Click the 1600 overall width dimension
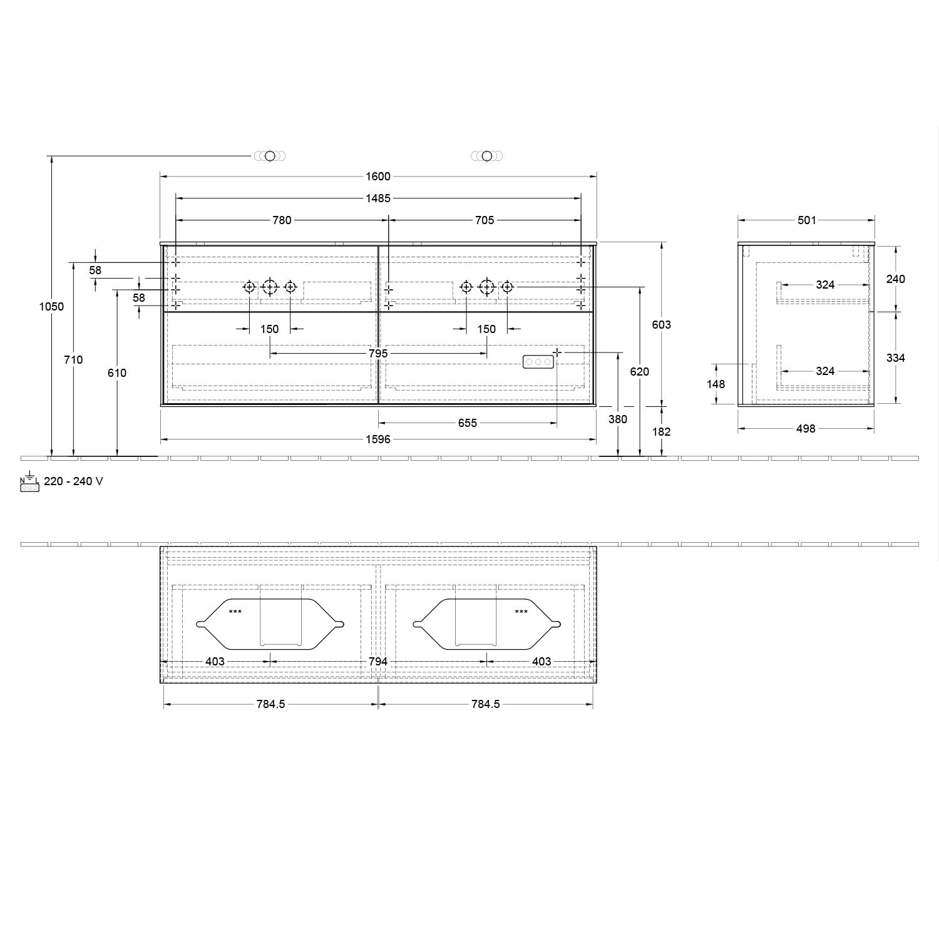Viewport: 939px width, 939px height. (378, 177)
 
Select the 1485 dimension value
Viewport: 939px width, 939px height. (378, 198)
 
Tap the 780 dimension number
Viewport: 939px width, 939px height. (282, 220)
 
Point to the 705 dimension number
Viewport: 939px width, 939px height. (485, 220)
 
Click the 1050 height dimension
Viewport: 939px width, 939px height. (51, 307)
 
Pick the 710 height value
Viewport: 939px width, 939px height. (74, 360)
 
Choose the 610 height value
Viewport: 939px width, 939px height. (117, 373)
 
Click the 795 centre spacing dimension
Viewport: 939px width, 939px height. (378, 354)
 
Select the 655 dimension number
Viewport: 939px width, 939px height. (468, 423)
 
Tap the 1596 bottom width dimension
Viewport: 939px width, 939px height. (378, 439)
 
